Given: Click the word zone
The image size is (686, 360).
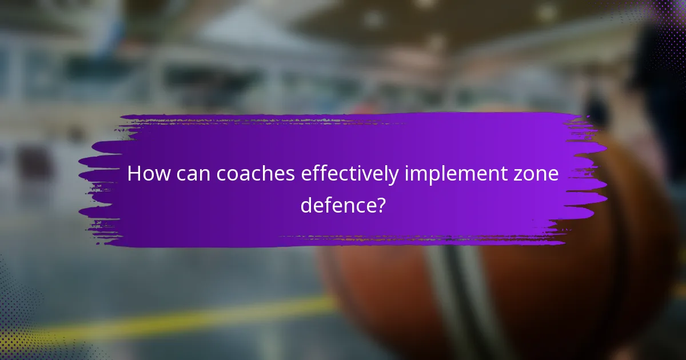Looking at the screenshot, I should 538,174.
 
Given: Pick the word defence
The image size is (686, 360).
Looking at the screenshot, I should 337,205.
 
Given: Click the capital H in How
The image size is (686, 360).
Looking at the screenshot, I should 133,174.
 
